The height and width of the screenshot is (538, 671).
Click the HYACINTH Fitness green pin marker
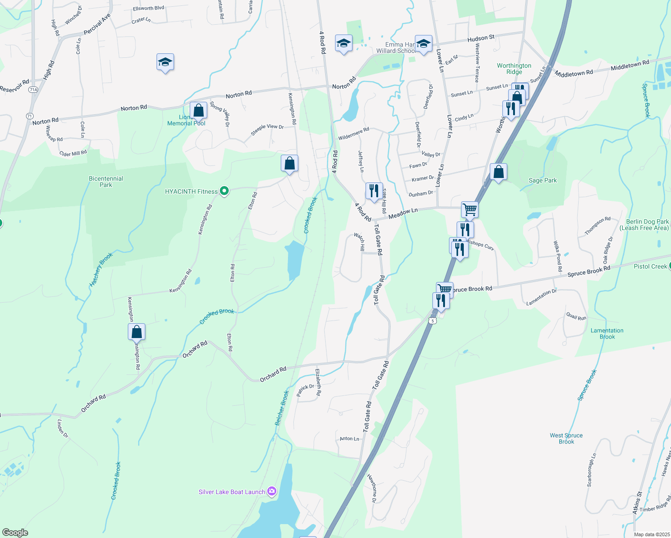[x=224, y=191]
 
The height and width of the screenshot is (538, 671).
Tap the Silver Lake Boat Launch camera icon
[x=272, y=491]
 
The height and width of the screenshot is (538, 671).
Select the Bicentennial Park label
[x=106, y=182]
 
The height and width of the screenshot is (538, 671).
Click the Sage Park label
[x=543, y=181]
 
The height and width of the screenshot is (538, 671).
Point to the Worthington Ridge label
[x=514, y=69]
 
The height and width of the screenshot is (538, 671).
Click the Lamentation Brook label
[x=607, y=334]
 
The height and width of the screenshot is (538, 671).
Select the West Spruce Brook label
[x=566, y=438]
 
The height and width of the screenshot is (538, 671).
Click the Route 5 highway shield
[x=432, y=321]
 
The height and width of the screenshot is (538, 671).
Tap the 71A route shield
[x=33, y=90]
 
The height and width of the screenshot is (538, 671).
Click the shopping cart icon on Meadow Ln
[x=470, y=209]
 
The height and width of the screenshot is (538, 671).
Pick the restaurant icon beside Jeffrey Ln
[x=374, y=191]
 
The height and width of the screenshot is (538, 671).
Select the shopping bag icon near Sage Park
[x=498, y=171]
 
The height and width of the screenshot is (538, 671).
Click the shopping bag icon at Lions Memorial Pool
[x=198, y=110]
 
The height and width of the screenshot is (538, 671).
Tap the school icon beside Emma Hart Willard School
[x=423, y=43]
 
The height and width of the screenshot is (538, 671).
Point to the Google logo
[x=15, y=533]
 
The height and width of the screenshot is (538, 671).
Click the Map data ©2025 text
[x=651, y=534]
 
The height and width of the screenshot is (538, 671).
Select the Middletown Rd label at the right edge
[x=630, y=66]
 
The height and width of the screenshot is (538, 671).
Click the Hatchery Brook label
[x=101, y=269]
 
